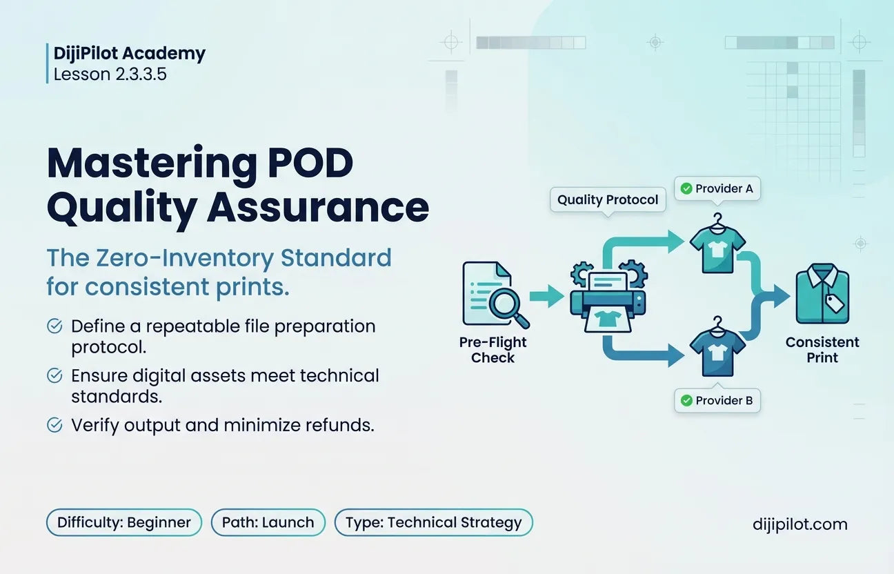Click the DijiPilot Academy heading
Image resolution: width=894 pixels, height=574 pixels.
click(129, 53)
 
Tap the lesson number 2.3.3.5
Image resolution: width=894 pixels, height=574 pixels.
click(136, 75)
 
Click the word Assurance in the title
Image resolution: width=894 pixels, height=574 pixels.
click(318, 207)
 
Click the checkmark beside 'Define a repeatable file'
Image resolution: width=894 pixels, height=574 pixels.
click(54, 326)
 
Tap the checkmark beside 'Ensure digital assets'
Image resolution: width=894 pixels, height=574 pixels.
click(54, 375)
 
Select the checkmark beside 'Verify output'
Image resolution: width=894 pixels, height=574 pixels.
click(54, 425)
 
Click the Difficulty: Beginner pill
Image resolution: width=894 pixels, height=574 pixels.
click(124, 522)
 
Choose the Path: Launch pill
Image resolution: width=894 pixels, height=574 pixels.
click(268, 522)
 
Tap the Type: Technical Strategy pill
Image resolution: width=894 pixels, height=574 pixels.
click(434, 522)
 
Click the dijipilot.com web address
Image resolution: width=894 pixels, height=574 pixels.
click(799, 524)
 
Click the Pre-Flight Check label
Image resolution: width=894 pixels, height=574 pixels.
click(493, 350)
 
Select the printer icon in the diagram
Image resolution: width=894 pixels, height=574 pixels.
click(608, 296)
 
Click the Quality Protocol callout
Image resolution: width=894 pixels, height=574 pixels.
click(608, 199)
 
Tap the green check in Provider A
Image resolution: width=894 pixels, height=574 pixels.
click(686, 188)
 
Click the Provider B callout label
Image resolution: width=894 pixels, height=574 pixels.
click(717, 400)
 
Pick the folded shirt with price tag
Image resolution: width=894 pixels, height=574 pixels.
click(822, 293)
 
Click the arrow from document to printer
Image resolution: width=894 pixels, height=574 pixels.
click(547, 296)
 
